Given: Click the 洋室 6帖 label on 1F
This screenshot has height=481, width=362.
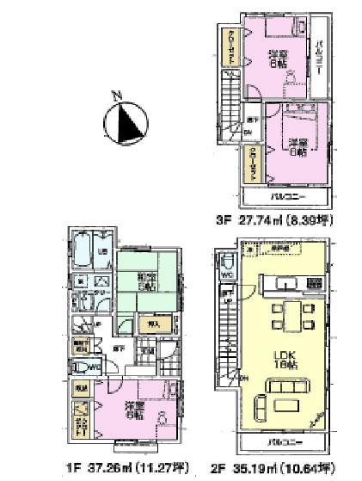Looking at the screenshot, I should pyautogui.click(x=133, y=410).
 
